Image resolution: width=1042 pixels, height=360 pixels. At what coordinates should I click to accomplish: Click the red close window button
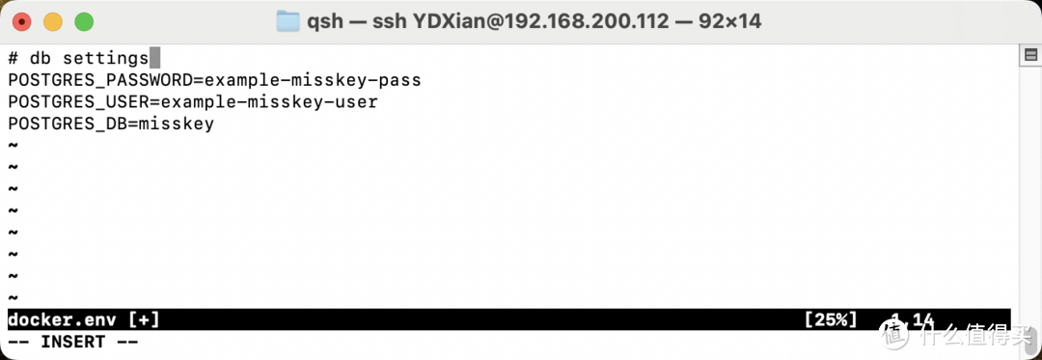tap(21, 20)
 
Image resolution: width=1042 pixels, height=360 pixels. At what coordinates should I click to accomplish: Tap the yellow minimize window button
tap(53, 20)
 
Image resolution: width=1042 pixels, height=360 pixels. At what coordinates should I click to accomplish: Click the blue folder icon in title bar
tap(288, 20)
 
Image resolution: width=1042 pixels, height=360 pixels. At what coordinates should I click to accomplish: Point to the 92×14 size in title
tap(729, 20)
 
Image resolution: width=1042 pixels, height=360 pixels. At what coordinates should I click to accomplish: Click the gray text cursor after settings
tap(154, 59)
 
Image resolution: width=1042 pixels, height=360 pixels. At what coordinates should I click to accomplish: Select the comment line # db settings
tap(77, 59)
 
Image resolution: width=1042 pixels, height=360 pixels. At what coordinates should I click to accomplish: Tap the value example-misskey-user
tap(268, 101)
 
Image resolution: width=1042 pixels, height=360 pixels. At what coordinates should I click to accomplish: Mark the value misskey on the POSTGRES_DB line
tap(176, 124)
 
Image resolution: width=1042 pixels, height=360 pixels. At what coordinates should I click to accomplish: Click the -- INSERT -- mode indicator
tap(72, 342)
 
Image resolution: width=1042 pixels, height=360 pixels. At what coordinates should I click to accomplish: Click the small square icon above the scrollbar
tap(1029, 57)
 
